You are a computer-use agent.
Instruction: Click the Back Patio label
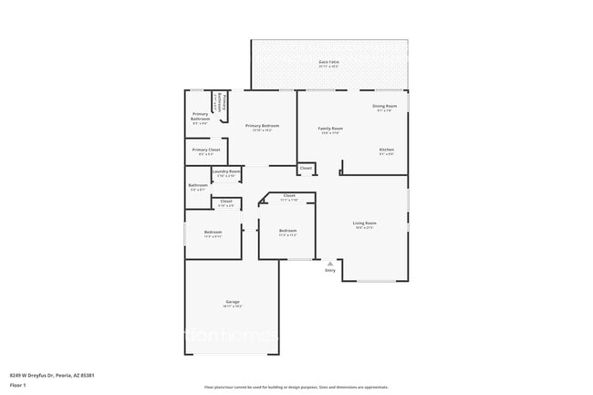pos(329,62)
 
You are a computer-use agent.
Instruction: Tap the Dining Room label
pos(384,107)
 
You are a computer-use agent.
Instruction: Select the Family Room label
pos(330,129)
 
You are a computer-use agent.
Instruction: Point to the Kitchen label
pos(387,150)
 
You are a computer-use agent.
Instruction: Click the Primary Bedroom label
pos(262,125)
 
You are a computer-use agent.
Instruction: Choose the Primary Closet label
pos(206,150)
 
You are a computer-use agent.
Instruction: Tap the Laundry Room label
pos(226,172)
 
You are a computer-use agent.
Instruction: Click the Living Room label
pos(365,223)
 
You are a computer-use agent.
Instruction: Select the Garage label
pos(233,302)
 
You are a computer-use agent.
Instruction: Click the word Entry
pos(329,269)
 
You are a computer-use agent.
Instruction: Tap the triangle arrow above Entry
pos(329,262)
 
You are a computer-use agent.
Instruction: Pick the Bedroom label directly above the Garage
pos(213,232)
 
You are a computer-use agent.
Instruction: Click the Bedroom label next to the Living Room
pos(287,231)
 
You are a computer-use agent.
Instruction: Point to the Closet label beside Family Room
pos(306,168)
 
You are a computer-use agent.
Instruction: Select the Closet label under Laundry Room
pos(226,201)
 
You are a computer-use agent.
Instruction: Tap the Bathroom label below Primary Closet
pos(198,185)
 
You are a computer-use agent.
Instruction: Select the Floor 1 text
pos(16,385)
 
